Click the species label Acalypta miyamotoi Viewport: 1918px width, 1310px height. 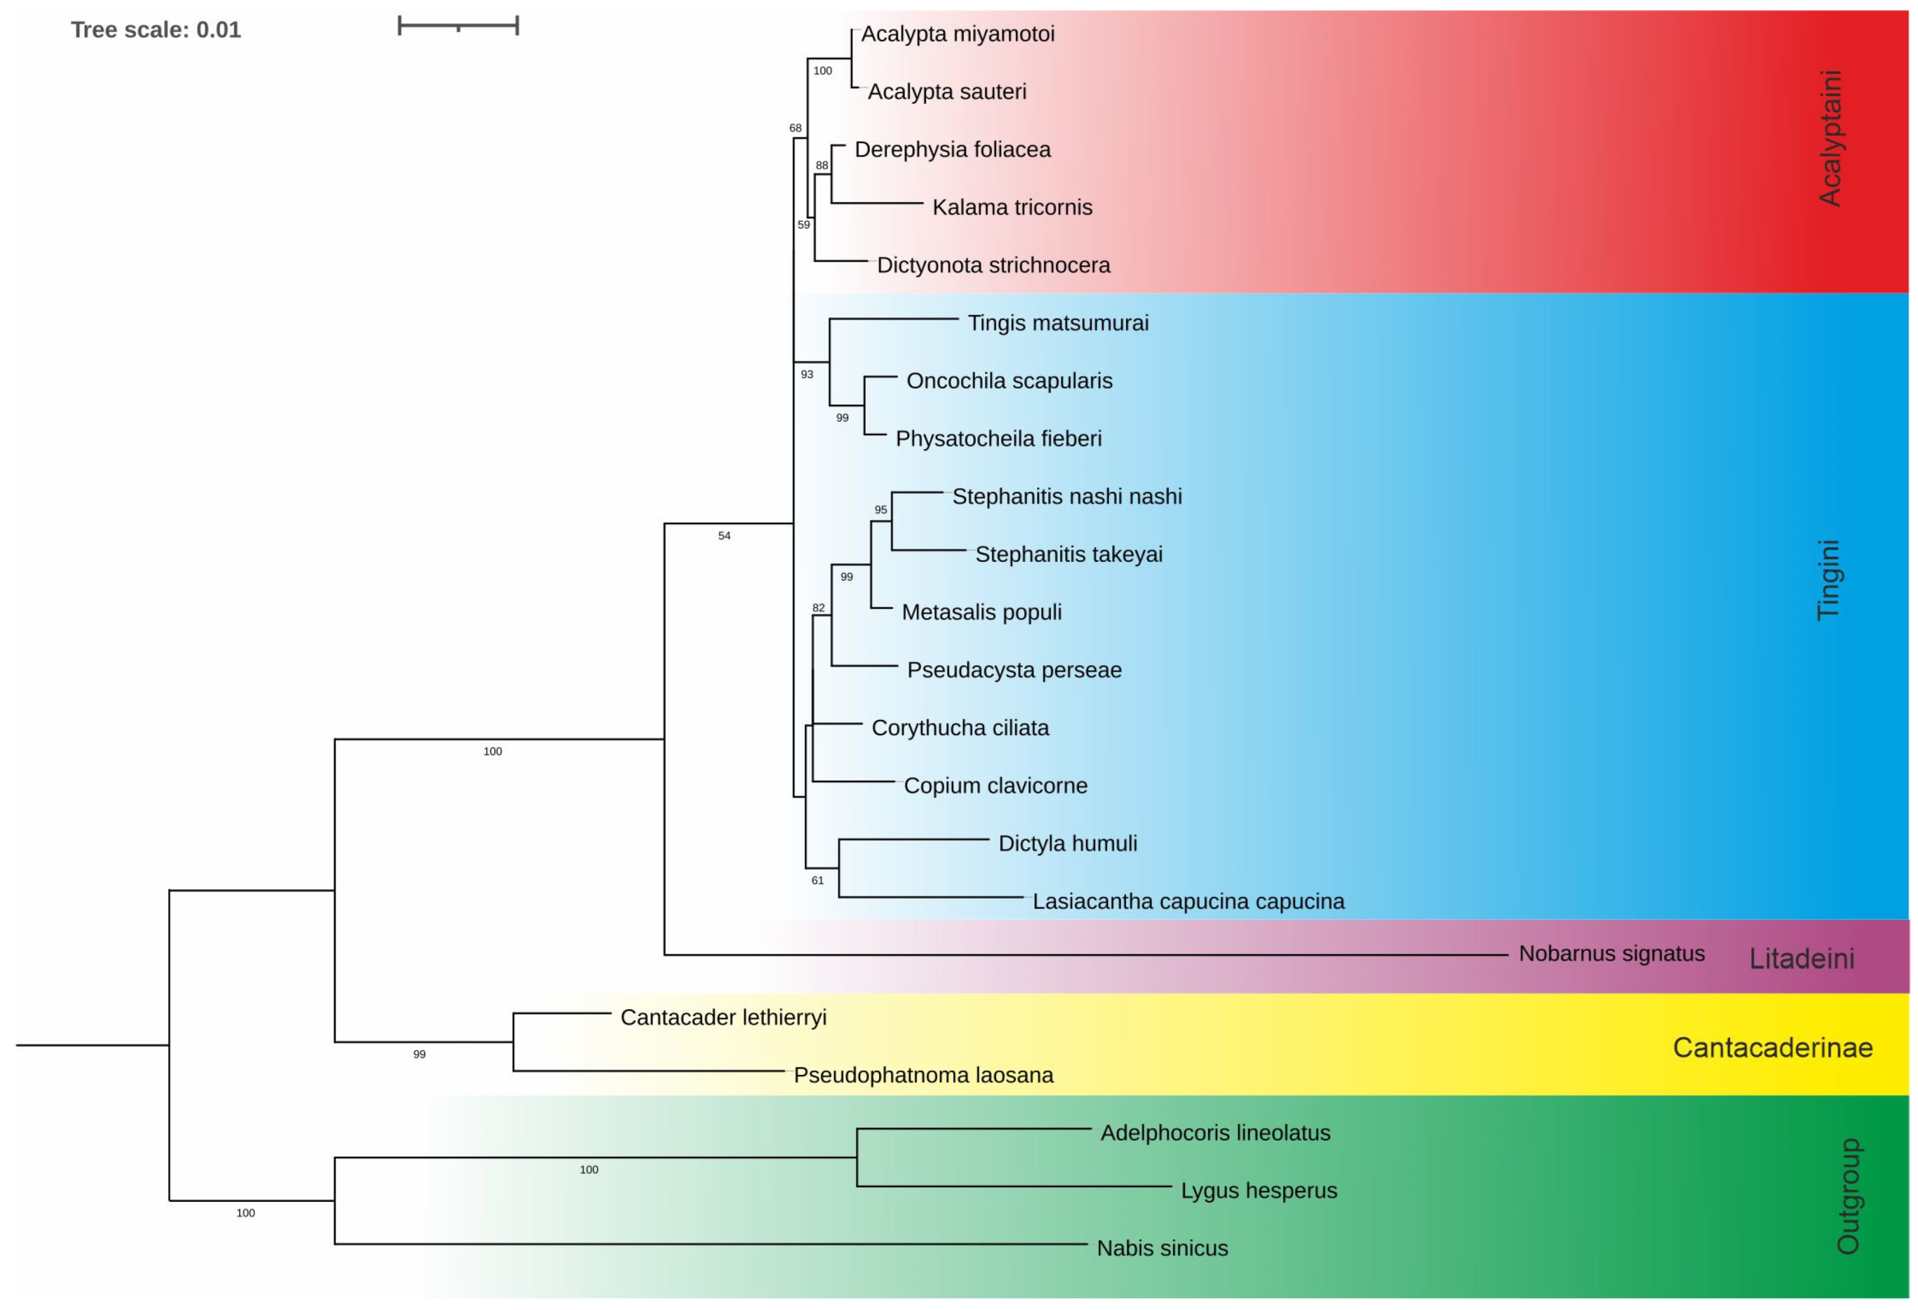[x=957, y=34]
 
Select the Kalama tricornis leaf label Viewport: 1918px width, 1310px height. [x=1012, y=207]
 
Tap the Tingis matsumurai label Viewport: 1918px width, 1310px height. [x=1057, y=323]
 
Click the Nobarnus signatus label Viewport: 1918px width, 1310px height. [x=1611, y=953]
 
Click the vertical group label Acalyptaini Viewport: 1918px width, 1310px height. [x=1830, y=138]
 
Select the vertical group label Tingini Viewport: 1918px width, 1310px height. [x=1828, y=579]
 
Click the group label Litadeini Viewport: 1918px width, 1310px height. [x=1802, y=959]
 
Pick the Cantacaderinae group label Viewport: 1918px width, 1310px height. [x=1772, y=1047]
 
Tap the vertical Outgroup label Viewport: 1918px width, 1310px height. [x=1848, y=1196]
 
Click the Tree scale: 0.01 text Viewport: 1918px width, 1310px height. [x=156, y=30]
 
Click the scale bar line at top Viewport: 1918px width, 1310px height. [x=458, y=26]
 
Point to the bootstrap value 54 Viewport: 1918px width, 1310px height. [x=724, y=536]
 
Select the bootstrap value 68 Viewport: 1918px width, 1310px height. [x=795, y=128]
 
